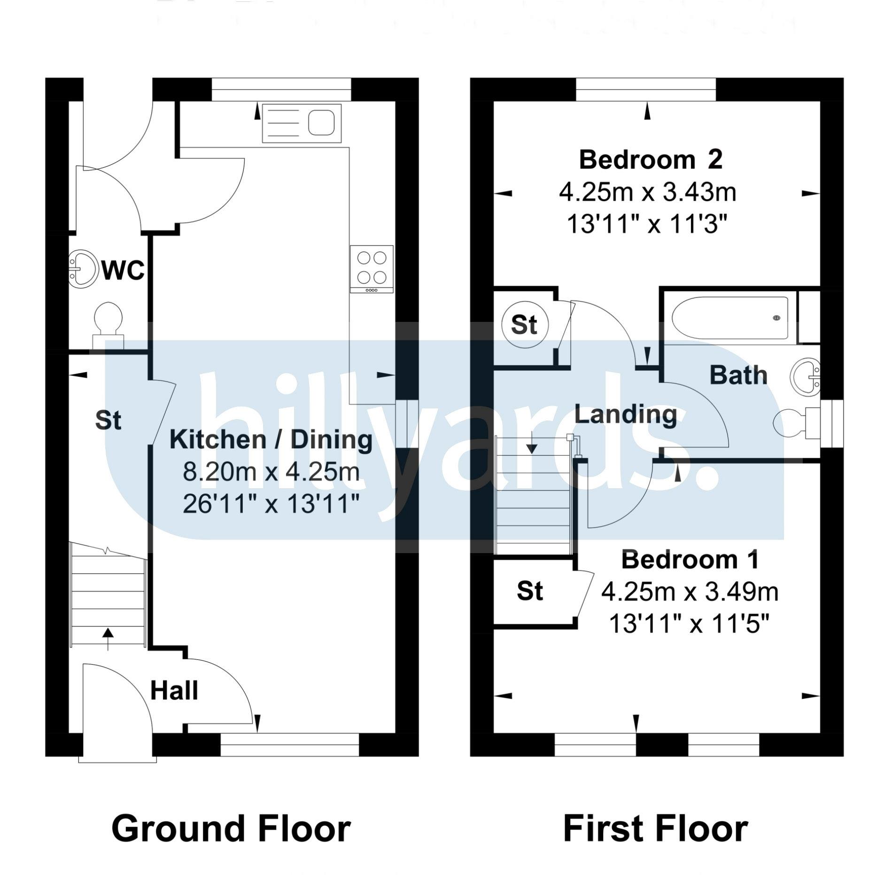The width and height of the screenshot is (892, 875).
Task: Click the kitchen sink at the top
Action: pos(302,124)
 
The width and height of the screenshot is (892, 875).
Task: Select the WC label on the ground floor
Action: pos(124,271)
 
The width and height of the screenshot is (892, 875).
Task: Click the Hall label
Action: pos(174,691)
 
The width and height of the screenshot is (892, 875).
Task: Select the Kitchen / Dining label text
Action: pos(271,440)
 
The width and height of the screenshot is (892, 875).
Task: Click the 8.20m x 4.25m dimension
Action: pos(271,472)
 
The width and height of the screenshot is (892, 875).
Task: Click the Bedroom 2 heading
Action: pos(651,160)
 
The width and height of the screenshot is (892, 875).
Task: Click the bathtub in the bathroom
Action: pos(730,318)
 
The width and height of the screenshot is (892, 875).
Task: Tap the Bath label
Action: pos(738,375)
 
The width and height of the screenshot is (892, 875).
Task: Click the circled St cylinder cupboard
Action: pos(524,325)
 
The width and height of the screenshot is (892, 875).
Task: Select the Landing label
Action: pos(626,415)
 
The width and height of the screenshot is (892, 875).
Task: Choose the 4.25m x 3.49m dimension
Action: pos(690,593)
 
